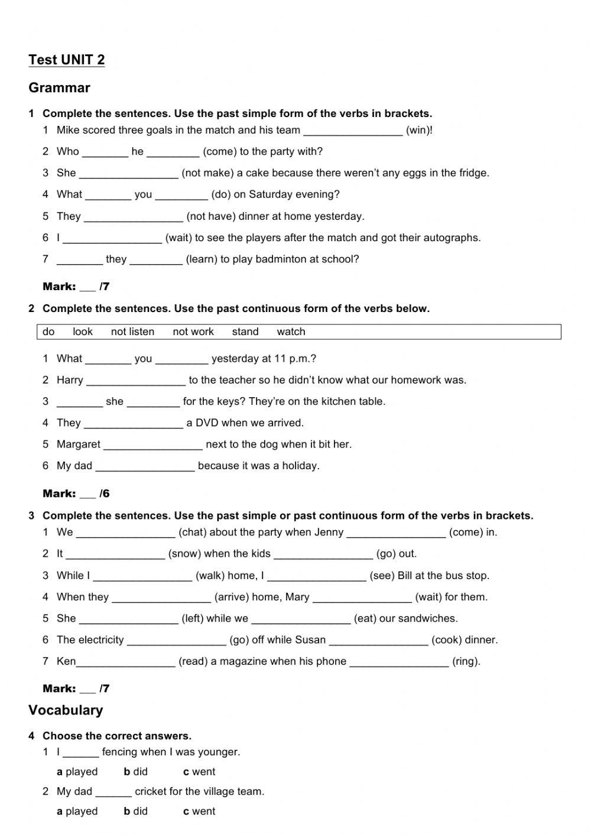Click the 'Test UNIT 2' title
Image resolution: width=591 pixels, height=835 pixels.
pyautogui.click(x=66, y=60)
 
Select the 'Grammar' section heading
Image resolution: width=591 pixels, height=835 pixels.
pyautogui.click(x=59, y=88)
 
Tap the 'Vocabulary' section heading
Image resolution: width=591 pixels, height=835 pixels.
pyautogui.click(x=66, y=710)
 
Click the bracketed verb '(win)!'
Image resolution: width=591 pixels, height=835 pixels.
pyautogui.click(x=419, y=131)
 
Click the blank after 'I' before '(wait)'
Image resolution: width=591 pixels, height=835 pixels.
pyautogui.click(x=112, y=238)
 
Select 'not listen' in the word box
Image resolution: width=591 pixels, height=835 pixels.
pyautogui.click(x=132, y=332)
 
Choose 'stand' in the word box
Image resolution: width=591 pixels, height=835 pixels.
pyautogui.click(x=245, y=332)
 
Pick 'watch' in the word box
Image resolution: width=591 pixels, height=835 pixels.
pyautogui.click(x=291, y=332)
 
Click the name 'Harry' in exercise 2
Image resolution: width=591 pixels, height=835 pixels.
pyautogui.click(x=70, y=381)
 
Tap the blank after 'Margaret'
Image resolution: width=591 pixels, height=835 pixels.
pyautogui.click(x=153, y=445)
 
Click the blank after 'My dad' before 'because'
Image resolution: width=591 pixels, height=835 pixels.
pyautogui.click(x=145, y=466)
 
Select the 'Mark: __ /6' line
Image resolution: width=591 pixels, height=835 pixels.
pyautogui.click(x=76, y=494)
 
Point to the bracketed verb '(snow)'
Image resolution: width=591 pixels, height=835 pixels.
pyautogui.click(x=184, y=554)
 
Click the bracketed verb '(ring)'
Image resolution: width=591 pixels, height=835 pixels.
pyautogui.click(x=466, y=662)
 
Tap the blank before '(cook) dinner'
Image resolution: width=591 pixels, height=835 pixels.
pyautogui.click(x=378, y=640)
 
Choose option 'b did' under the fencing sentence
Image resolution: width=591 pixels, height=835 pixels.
pyautogui.click(x=136, y=772)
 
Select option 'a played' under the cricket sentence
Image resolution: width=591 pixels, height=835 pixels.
pyautogui.click(x=77, y=811)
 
